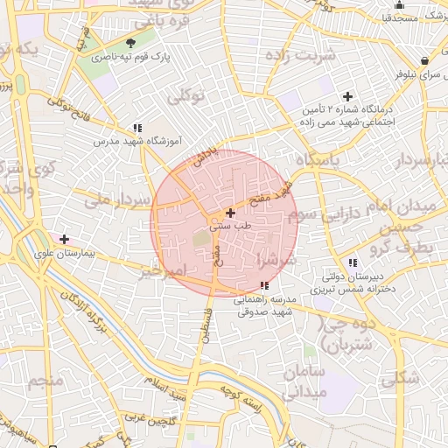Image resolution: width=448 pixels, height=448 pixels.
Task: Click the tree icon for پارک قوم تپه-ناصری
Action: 131,43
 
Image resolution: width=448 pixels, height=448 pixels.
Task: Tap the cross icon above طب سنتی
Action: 230,213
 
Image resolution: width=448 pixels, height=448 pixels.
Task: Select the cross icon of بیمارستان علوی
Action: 64,238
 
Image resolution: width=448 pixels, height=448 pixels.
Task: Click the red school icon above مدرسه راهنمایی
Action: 265,285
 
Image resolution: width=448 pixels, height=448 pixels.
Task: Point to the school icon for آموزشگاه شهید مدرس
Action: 137,128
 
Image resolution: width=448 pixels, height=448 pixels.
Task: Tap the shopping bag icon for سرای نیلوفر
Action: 424,61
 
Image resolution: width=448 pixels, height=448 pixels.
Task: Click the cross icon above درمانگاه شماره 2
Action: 347,96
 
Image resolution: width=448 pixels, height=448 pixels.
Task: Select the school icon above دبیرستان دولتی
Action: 352,262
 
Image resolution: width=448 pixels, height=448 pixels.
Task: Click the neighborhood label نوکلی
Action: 185,97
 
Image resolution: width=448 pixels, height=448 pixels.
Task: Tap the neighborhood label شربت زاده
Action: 305,55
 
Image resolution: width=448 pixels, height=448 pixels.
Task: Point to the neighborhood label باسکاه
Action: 318,160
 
